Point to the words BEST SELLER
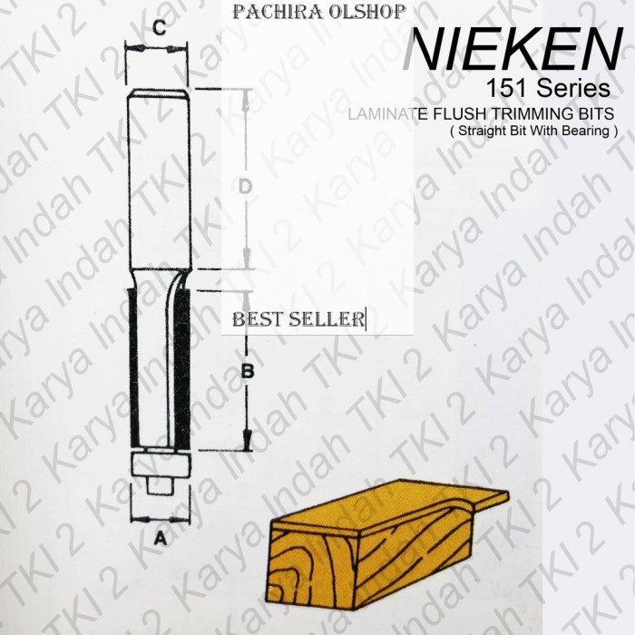(298, 319)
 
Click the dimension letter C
(158, 28)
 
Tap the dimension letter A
(161, 537)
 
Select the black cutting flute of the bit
(181, 363)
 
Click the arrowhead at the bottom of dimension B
(246, 444)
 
